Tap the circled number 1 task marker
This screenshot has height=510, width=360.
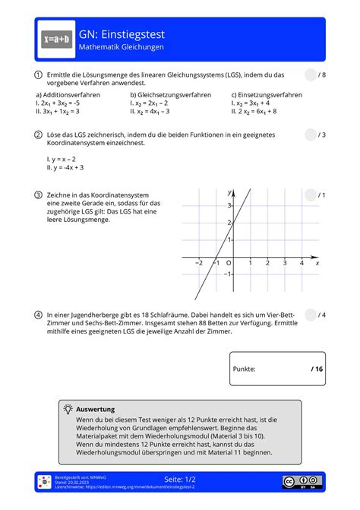tap(37, 74)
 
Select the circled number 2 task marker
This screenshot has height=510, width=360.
tap(37, 135)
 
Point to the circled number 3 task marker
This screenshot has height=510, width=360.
tap(37, 195)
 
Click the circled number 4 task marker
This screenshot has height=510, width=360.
tap(37, 313)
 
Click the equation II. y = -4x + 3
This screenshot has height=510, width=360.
tap(65, 167)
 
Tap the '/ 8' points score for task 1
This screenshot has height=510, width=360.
tap(322, 74)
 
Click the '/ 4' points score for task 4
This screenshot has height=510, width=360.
tap(322, 313)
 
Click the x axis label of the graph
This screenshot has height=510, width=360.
tap(317, 263)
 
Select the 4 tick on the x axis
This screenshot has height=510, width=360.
tap(302, 263)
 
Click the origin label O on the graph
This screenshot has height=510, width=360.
tap(229, 263)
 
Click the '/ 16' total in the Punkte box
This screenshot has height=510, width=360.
tap(316, 369)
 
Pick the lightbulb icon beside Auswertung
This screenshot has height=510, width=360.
tap(68, 408)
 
